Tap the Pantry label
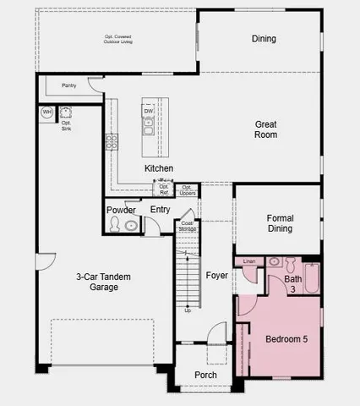(x=69, y=85)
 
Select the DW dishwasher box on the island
(x=149, y=111)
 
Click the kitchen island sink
(x=149, y=128)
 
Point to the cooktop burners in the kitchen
(x=111, y=142)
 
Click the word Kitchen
(x=159, y=168)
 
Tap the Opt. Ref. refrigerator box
(x=165, y=189)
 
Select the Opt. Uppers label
(x=188, y=189)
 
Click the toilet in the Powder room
(x=115, y=225)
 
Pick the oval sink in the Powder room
(x=131, y=225)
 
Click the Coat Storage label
(x=188, y=226)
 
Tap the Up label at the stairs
(x=188, y=310)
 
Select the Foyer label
(x=217, y=276)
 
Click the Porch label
(x=205, y=375)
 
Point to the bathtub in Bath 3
(x=311, y=278)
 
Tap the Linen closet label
(x=248, y=261)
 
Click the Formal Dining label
(x=280, y=223)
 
